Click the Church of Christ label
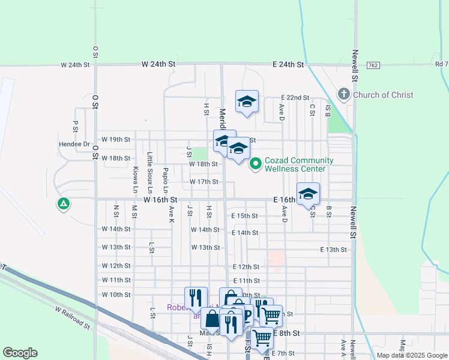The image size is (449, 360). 383,95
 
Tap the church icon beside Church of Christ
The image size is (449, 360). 343,94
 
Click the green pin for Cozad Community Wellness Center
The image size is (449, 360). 255,163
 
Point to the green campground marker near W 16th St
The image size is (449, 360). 63,204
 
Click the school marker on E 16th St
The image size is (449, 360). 308,194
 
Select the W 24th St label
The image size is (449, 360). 158,64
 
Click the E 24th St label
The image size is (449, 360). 288,64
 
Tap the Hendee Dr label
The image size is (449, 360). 74,145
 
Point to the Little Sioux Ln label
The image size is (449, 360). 150,165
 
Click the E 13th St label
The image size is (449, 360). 334,250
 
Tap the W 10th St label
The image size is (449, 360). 116,295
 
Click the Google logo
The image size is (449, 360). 20,353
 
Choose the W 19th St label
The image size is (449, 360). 116,139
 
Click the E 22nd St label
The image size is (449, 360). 295,98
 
